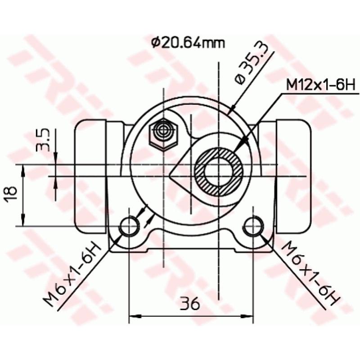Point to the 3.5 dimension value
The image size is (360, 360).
[x=43, y=140]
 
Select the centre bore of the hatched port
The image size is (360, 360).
[x=219, y=173]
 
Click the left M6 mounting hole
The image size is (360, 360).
[x=129, y=226]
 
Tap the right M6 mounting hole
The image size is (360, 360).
[x=253, y=226]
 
